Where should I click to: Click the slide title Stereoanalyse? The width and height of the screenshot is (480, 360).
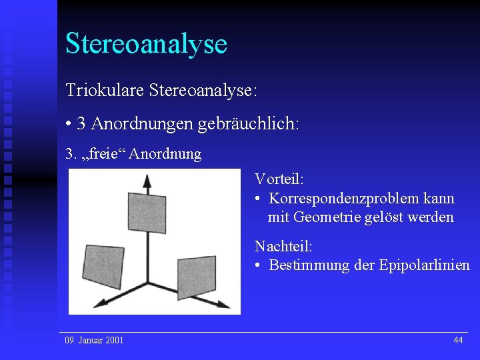click(146, 43)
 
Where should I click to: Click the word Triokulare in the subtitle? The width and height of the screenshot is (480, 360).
click(105, 90)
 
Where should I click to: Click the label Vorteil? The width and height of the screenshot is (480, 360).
click(279, 179)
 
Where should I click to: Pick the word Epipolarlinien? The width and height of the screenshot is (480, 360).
click(424, 265)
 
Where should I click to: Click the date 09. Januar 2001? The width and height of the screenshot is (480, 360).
click(94, 341)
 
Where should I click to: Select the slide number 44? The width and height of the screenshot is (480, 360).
click(458, 341)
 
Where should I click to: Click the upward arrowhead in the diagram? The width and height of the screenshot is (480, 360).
click(146, 179)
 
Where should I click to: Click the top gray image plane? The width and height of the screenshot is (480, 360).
click(147, 211)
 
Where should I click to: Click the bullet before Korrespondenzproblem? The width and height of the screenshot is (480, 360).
click(258, 199)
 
